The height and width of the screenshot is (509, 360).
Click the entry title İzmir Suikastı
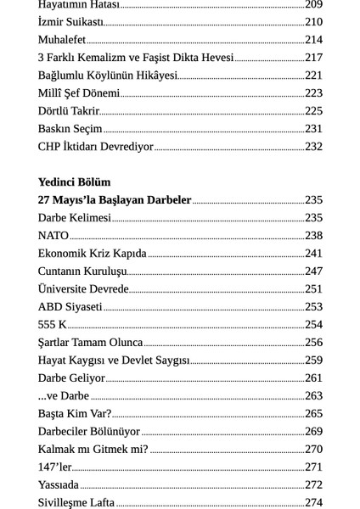point(70,22)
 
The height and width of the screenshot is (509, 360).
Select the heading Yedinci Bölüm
point(74,182)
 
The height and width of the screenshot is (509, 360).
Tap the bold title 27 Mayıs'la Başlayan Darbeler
point(115,200)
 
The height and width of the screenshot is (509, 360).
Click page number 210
point(313,22)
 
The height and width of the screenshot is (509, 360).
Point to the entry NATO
point(53,236)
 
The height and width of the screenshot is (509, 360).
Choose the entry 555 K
point(52,325)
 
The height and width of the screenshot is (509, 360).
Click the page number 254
point(313,325)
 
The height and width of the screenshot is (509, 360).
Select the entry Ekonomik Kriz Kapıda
point(92,254)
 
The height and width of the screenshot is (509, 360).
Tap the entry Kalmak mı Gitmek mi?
point(93,450)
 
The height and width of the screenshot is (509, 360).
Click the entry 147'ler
point(54,467)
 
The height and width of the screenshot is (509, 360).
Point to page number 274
point(313,503)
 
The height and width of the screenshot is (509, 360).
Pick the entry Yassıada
point(59,485)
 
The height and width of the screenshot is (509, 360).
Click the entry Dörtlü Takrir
point(68,111)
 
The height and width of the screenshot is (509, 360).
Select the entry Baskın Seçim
point(70,129)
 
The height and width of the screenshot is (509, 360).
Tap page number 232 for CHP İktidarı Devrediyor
point(313,147)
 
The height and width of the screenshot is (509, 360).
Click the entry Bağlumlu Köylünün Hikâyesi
point(107,76)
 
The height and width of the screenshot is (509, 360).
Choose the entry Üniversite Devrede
point(83,289)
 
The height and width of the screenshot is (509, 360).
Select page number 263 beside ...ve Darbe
point(313,396)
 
